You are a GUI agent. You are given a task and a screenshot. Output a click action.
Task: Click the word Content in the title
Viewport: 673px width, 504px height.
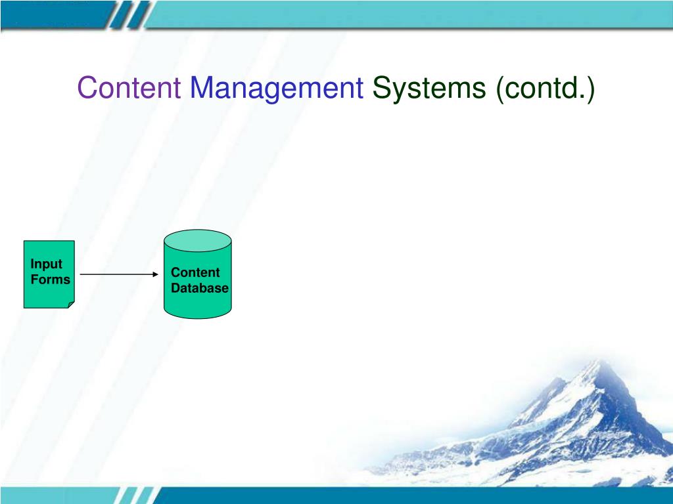[129, 87]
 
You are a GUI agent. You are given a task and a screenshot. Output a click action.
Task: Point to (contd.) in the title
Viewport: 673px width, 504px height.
[545, 89]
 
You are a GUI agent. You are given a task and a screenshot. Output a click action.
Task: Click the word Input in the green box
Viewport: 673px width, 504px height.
[47, 264]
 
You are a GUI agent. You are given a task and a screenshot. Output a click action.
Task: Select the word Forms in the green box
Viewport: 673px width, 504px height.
[50, 280]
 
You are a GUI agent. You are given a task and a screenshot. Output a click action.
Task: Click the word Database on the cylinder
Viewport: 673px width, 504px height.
[200, 288]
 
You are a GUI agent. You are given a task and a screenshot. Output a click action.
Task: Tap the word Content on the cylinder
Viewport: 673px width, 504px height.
[195, 272]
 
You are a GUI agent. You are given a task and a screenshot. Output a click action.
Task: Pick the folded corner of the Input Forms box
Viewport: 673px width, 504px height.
[71, 304]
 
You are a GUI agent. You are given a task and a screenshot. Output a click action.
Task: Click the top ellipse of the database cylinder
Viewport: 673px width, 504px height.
[198, 241]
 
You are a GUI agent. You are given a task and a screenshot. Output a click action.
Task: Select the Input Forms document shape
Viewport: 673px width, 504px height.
[49, 274]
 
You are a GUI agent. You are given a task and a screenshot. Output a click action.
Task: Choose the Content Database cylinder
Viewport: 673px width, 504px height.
[198, 274]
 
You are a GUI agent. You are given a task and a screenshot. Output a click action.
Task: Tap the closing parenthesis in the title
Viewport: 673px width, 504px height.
[591, 89]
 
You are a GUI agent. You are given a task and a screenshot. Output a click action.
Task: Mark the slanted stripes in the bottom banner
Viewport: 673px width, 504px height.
[137, 495]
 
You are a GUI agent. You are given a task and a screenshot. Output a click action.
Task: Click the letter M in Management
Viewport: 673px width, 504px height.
[202, 88]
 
